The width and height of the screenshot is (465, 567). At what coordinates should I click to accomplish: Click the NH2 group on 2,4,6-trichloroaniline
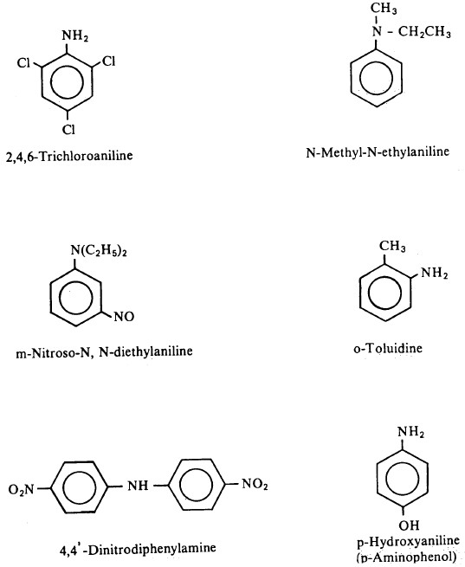(74, 36)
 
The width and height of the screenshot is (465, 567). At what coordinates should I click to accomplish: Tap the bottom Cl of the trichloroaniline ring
(68, 129)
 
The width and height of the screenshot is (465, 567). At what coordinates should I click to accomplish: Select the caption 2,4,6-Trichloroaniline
(69, 156)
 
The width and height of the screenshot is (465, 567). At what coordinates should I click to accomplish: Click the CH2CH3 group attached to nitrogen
(424, 32)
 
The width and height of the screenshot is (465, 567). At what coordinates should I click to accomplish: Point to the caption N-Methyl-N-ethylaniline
(378, 151)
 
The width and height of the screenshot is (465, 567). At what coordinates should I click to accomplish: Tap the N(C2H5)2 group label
(99, 251)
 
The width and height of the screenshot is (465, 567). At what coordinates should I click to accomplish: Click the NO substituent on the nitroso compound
(124, 317)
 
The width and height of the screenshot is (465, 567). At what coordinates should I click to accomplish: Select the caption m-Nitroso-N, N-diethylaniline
(104, 351)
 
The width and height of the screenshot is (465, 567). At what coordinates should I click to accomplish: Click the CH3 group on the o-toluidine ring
(392, 246)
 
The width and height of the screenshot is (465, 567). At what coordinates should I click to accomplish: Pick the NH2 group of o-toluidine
(435, 273)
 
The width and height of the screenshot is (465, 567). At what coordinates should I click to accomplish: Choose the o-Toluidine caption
(388, 348)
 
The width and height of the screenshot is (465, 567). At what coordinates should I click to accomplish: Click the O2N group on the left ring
(21, 489)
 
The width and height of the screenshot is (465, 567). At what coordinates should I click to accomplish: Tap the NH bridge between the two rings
(138, 486)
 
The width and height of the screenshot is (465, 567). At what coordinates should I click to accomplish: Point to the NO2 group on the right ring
(255, 484)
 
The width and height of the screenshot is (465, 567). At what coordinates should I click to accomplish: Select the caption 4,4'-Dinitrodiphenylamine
(138, 549)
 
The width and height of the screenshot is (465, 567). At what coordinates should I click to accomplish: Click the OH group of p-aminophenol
(409, 525)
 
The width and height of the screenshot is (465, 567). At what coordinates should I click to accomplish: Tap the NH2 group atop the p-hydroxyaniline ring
(410, 431)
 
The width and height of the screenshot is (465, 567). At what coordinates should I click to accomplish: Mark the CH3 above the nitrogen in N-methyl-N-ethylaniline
(384, 9)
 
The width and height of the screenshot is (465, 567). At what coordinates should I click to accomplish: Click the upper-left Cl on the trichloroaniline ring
(23, 63)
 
